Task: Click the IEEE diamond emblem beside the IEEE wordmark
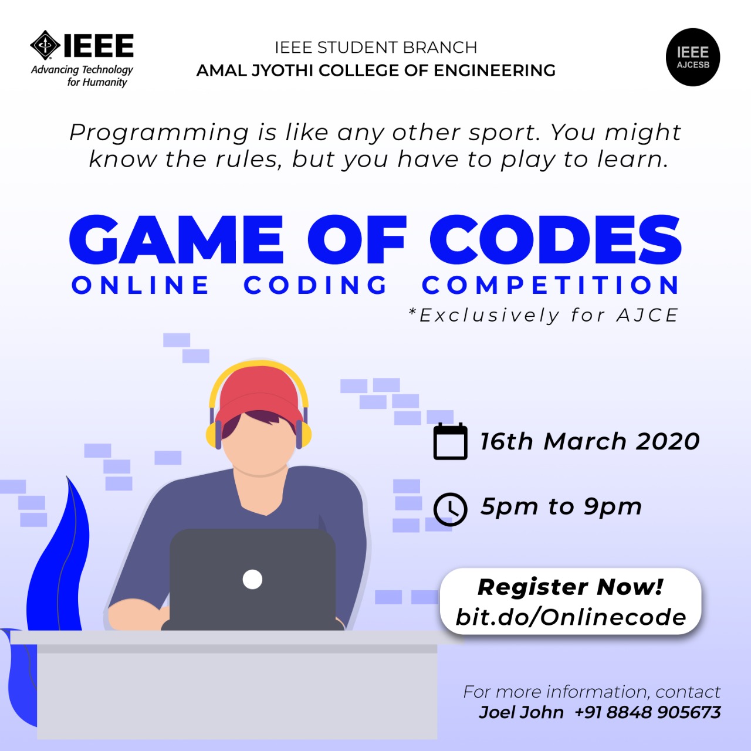[x=45, y=45]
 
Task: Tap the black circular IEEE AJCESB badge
[x=692, y=57]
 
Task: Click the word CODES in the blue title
[x=556, y=239]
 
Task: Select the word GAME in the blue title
[x=176, y=239]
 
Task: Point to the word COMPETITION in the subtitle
[x=551, y=285]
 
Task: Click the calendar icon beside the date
[x=450, y=442]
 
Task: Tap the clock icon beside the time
[x=450, y=509]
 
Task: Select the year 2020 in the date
[x=668, y=442]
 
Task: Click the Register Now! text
[x=570, y=587]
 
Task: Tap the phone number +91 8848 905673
[x=648, y=712]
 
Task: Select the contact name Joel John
[x=521, y=712]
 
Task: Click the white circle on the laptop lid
[x=252, y=580]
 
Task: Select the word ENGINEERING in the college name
[x=494, y=70]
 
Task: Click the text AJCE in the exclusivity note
[x=647, y=315]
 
